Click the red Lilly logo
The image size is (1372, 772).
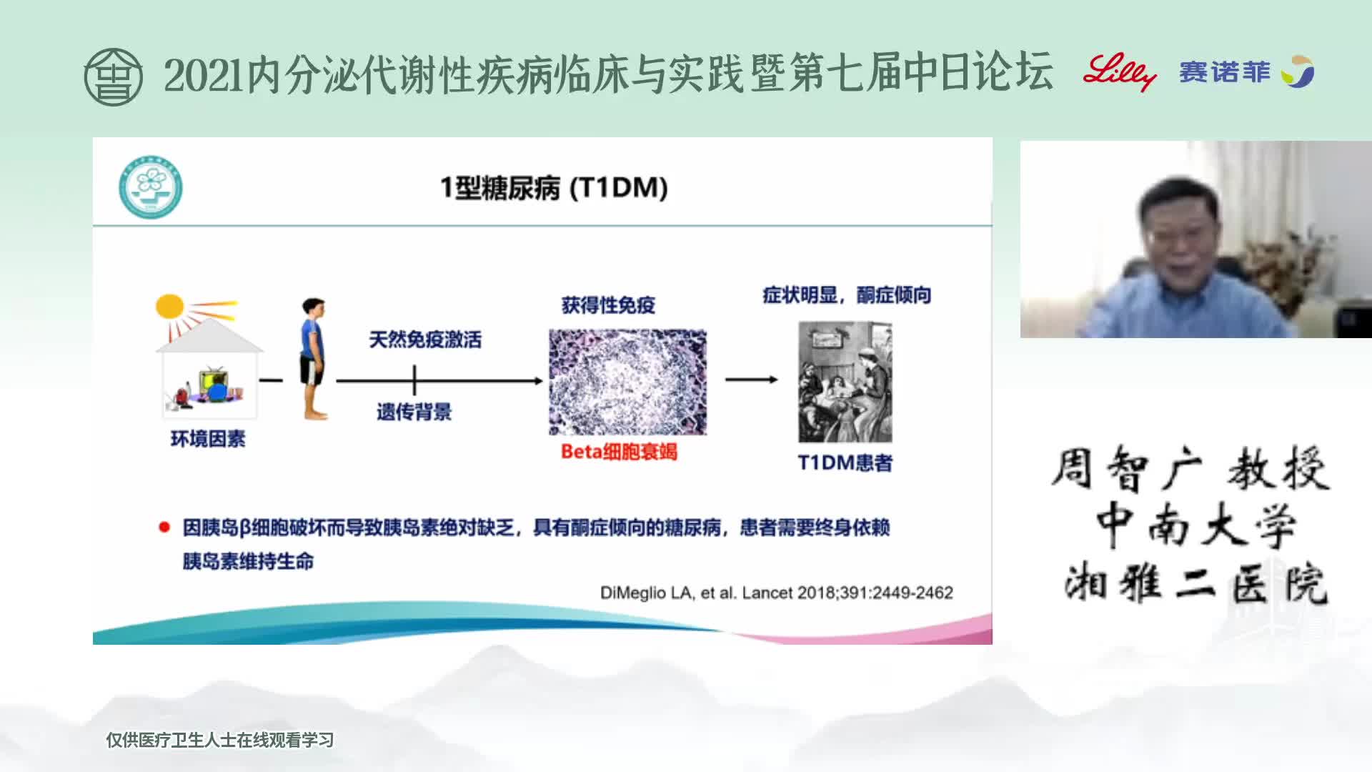[1119, 71]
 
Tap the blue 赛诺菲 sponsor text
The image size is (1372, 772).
[1225, 71]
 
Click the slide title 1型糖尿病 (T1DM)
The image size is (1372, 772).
[554, 188]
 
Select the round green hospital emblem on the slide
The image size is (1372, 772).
[150, 187]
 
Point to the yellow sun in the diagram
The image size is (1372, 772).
[170, 307]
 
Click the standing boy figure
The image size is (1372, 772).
[313, 358]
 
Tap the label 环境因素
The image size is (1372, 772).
[207, 439]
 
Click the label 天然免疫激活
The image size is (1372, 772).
[425, 340]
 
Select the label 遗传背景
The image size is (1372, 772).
[414, 412]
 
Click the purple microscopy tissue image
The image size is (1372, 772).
[627, 382]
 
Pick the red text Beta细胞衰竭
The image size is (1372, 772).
[619, 452]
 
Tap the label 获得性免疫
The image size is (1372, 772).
[608, 305]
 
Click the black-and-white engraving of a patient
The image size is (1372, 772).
[845, 382]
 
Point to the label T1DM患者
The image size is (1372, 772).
[845, 463]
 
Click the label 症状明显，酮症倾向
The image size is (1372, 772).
[847, 295]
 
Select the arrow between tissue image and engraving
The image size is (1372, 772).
[752, 380]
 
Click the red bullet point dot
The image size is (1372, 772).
[164, 528]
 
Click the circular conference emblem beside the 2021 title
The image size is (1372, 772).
[113, 76]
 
